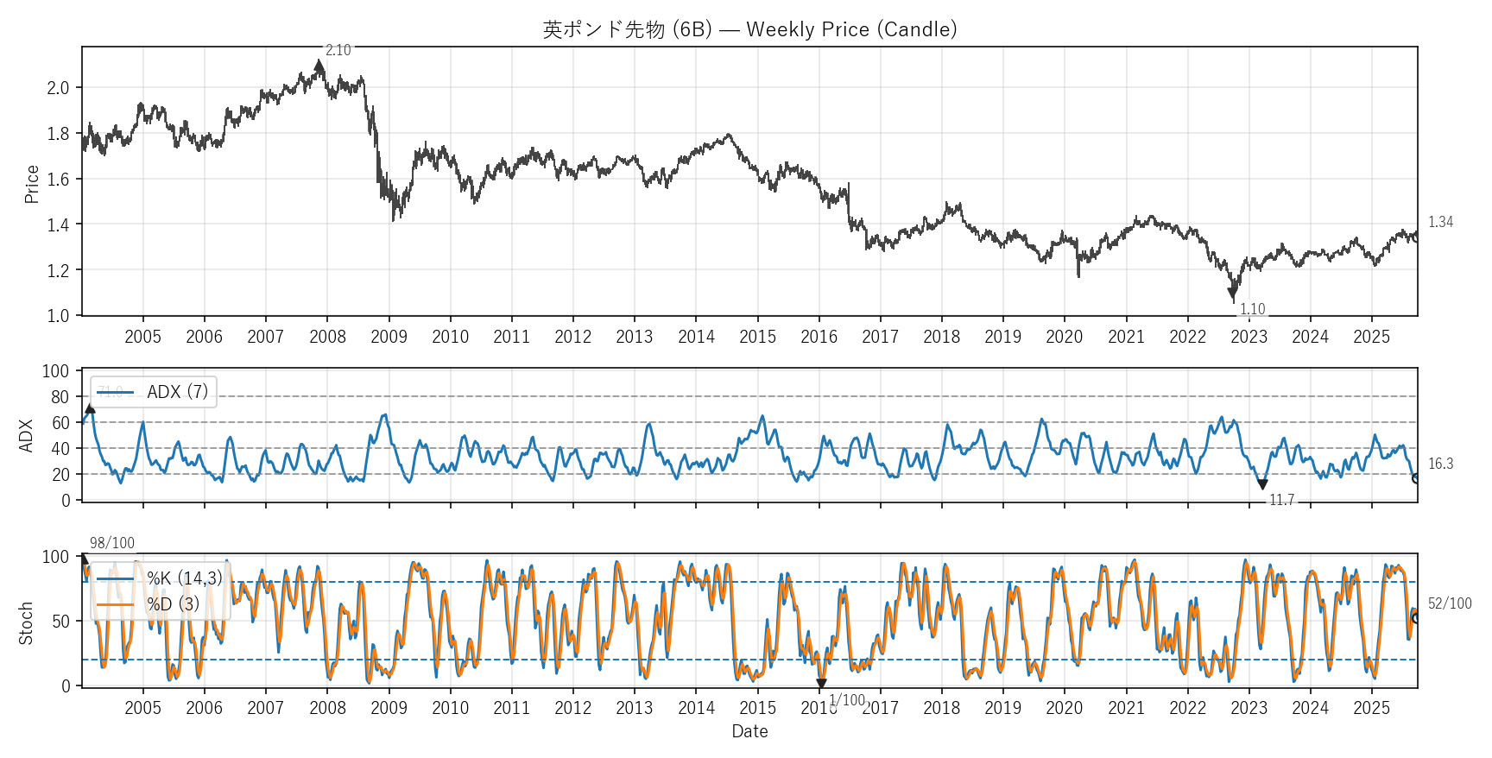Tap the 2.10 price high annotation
(x=338, y=51)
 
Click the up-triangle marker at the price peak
(x=319, y=66)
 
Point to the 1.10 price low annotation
(x=1252, y=309)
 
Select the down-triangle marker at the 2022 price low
(x=1233, y=294)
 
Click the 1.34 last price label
(x=1440, y=222)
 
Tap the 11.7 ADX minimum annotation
(x=1281, y=500)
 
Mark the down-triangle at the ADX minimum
(x=1262, y=485)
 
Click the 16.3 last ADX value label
(x=1440, y=464)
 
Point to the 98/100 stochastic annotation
(x=112, y=543)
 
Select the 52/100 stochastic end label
(x=1450, y=603)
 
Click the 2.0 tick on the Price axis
(x=58, y=88)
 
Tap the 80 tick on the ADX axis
(x=60, y=397)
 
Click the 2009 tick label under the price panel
(x=389, y=337)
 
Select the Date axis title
(x=749, y=731)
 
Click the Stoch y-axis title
(x=26, y=622)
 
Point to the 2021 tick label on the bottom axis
(x=1126, y=708)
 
